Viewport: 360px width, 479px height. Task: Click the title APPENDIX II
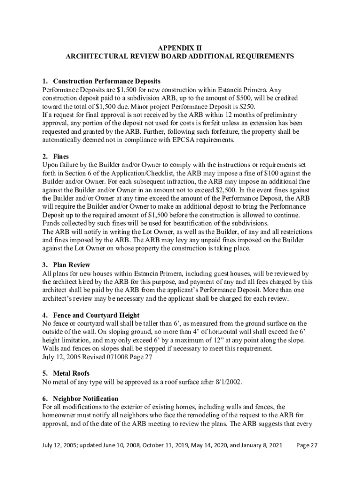[180, 48]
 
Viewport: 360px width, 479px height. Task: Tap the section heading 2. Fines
[56, 157]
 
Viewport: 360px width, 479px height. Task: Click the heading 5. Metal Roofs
[65, 373]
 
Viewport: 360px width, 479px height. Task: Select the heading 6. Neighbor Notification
[80, 399]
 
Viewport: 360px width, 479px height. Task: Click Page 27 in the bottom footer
[307, 446]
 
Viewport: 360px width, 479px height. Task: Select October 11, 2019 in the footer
[161, 446]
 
